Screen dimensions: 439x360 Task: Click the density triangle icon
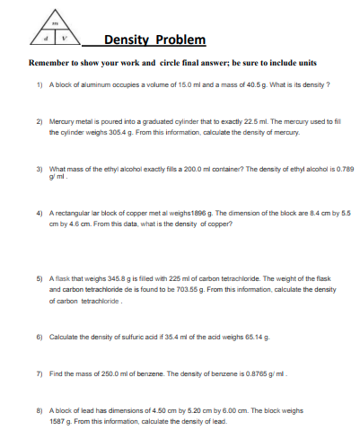click(x=61, y=29)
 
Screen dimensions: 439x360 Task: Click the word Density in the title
click(x=127, y=40)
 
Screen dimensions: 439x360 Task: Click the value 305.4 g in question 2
click(x=118, y=131)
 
